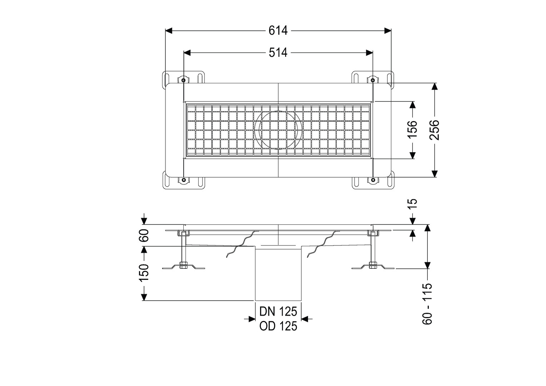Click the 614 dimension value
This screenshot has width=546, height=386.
(278, 31)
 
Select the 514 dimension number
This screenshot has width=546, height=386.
(278, 53)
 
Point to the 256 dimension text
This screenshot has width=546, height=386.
(434, 130)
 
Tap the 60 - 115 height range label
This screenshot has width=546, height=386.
(427, 303)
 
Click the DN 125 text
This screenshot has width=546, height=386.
(278, 311)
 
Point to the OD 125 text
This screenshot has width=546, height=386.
(278, 326)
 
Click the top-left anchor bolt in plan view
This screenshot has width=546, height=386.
(184, 80)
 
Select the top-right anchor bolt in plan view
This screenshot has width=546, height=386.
(373, 80)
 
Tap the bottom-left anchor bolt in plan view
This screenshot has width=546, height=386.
(184, 180)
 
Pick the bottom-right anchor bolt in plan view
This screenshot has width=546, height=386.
(373, 180)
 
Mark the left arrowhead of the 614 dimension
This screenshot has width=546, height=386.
(169, 31)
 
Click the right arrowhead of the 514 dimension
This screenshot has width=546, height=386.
(369, 53)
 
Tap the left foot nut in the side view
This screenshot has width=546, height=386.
(184, 265)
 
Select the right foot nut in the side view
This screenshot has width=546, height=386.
(373, 265)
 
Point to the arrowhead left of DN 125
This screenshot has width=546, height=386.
(252, 319)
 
